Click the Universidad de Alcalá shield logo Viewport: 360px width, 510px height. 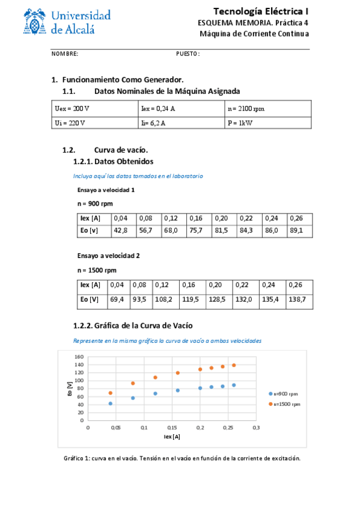click(x=37, y=23)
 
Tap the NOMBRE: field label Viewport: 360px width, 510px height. click(x=65, y=54)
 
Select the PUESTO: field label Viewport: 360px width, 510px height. click(x=188, y=54)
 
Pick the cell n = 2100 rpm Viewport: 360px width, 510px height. click(x=246, y=109)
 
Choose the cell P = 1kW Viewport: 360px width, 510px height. click(x=239, y=123)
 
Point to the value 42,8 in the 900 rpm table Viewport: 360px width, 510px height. click(x=120, y=230)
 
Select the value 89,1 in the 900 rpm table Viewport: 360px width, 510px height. click(x=297, y=230)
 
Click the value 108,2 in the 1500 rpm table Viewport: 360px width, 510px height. click(x=163, y=299)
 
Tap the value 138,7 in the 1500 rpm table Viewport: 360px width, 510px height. click(x=297, y=299)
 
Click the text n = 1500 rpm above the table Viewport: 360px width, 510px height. click(x=97, y=270)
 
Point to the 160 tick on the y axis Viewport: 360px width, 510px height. click(x=78, y=357)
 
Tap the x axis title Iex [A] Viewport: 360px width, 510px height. click(x=172, y=437)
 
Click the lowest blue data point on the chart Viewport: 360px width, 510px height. click(x=111, y=404)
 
